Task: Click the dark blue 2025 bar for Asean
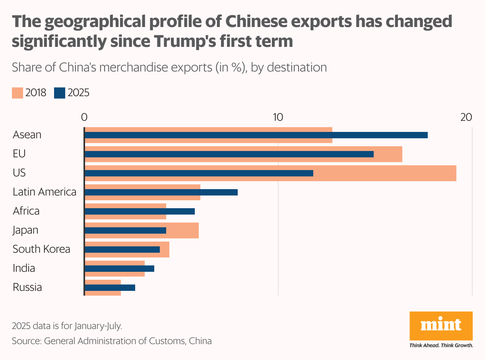(x=256, y=135)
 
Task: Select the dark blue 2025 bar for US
(x=199, y=173)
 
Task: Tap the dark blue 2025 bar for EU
(x=229, y=154)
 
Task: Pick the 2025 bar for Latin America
(x=161, y=192)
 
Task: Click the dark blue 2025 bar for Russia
(x=110, y=288)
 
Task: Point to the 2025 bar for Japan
(x=125, y=230)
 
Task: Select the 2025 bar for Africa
(x=140, y=211)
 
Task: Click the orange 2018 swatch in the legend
(x=17, y=93)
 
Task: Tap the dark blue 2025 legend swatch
(x=59, y=93)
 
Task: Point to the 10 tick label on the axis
(x=277, y=117)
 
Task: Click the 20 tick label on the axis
(x=466, y=117)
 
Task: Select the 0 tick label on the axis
(x=84, y=117)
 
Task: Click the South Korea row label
(x=41, y=249)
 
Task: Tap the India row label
(x=24, y=268)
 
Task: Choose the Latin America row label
(x=45, y=192)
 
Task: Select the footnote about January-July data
(x=67, y=326)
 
